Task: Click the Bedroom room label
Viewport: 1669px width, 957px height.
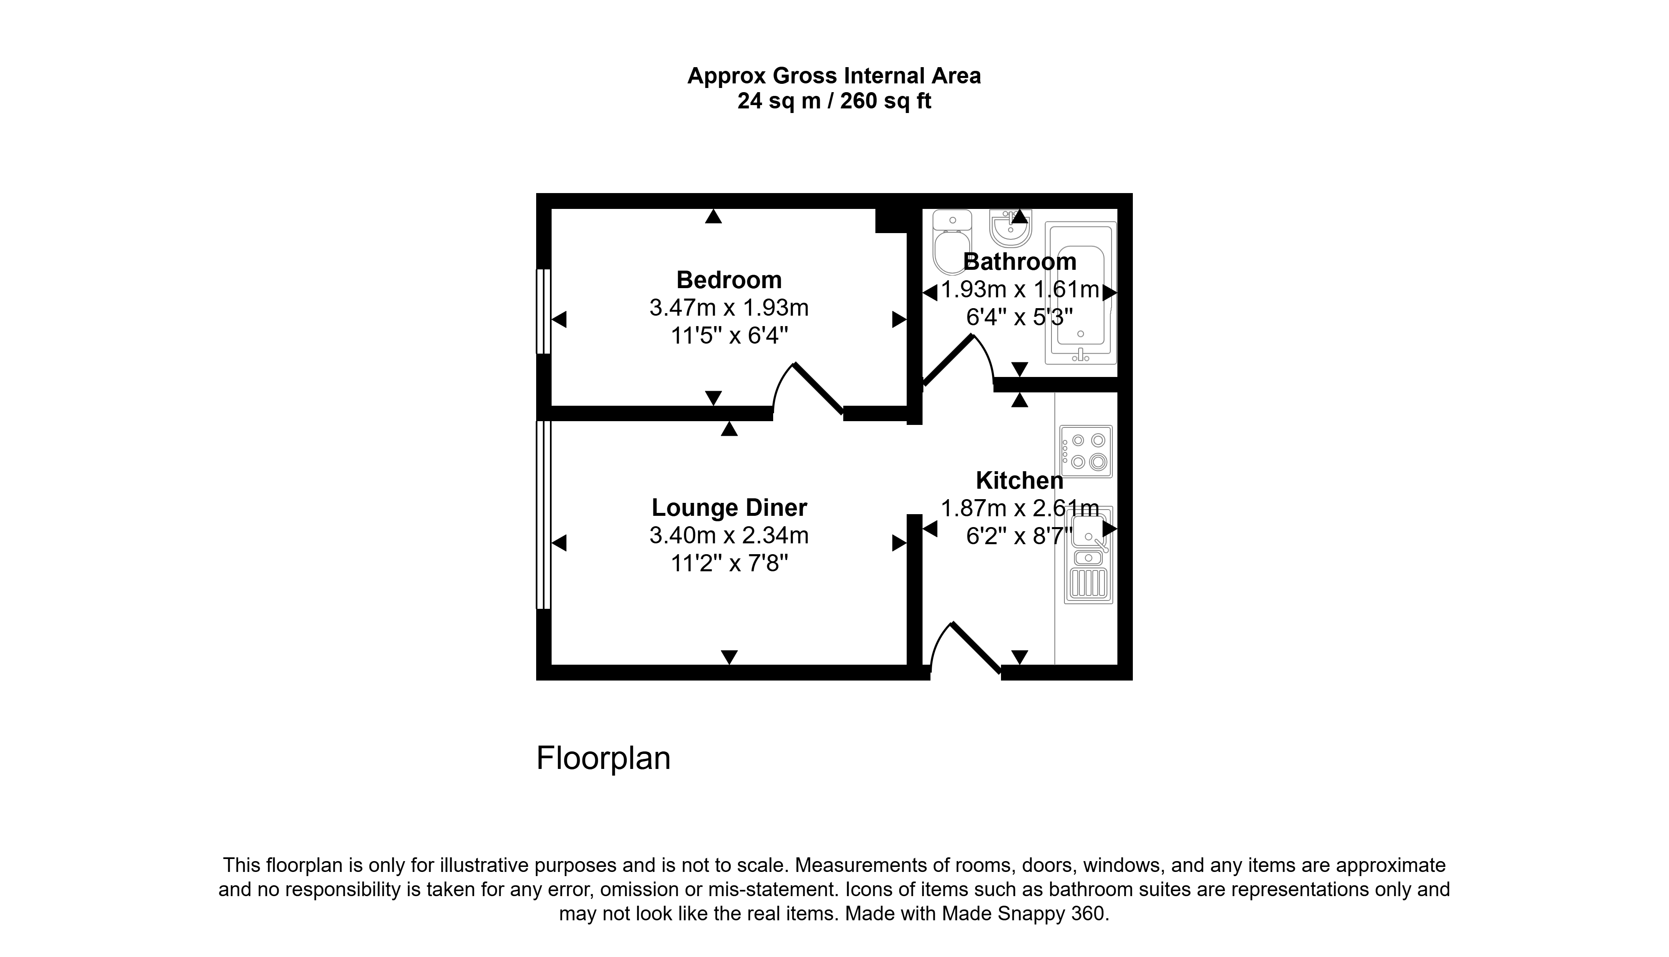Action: [x=729, y=280]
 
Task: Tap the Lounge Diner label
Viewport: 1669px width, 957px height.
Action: [x=729, y=507]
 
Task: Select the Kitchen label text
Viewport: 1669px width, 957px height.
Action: [x=1019, y=480]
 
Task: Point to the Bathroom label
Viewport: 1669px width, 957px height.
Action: [x=1019, y=261]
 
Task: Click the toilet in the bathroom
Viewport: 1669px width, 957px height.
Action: [x=952, y=242]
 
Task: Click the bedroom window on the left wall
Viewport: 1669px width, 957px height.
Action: [x=543, y=311]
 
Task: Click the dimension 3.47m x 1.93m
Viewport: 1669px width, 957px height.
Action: [x=729, y=308]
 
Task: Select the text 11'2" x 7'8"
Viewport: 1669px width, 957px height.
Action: [x=729, y=563]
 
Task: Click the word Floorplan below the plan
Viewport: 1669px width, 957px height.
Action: [x=603, y=758]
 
